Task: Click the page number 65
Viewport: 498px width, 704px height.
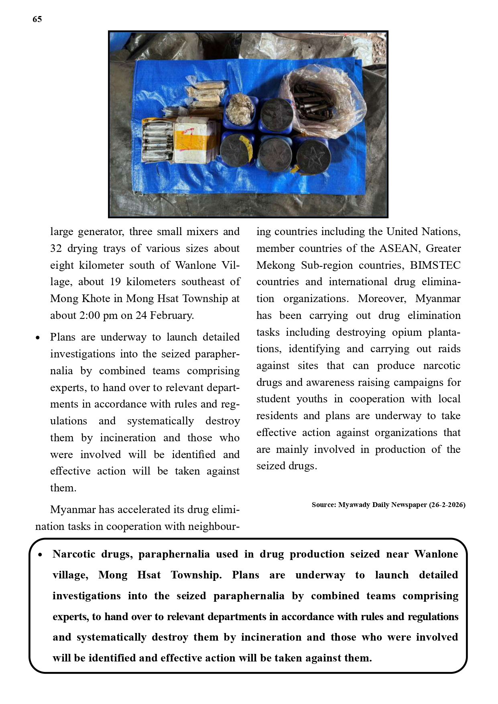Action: point(37,19)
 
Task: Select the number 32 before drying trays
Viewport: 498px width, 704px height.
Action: point(56,249)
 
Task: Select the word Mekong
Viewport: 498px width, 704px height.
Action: point(276,266)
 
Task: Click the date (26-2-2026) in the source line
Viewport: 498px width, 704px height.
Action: point(447,505)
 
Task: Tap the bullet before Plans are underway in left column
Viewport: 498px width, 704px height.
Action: point(38,338)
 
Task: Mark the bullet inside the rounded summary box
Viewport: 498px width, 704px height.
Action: point(40,555)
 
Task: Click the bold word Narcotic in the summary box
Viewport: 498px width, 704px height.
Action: point(74,554)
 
